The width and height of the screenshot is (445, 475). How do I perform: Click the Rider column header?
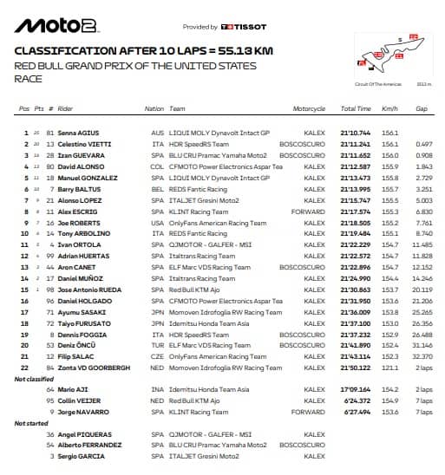pyautogui.click(x=65, y=109)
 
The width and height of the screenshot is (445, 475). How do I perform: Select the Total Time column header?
pyautogui.click(x=356, y=109)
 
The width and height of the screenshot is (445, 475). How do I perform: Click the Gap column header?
pyautogui.click(x=421, y=109)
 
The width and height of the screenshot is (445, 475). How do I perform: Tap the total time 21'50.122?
pyautogui.click(x=356, y=368)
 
